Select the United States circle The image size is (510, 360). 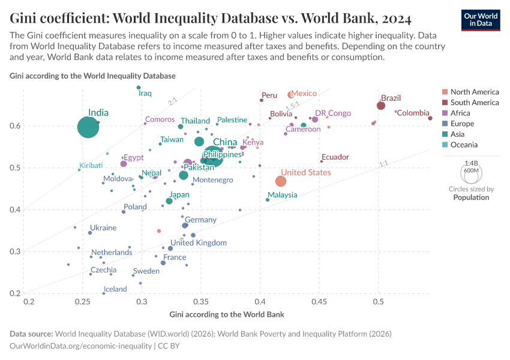tap(280, 181)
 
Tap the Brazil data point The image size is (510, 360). tap(381, 106)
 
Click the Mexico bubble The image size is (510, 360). tap(291, 94)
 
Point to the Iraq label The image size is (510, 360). tap(145, 94)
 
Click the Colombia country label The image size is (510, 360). tap(413, 113)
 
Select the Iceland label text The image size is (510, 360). tap(115, 289)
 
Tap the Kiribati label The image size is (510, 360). tap(91, 166)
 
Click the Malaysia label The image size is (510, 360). tap(283, 195)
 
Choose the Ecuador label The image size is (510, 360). tap(335, 157)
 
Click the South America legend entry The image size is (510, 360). tap(474, 103)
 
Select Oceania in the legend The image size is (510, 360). tap(464, 145)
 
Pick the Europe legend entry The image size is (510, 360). tap(462, 124)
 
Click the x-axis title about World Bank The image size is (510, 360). tap(226, 314)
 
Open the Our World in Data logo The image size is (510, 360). tap(481, 19)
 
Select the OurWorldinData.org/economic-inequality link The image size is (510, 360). tap(81, 346)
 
